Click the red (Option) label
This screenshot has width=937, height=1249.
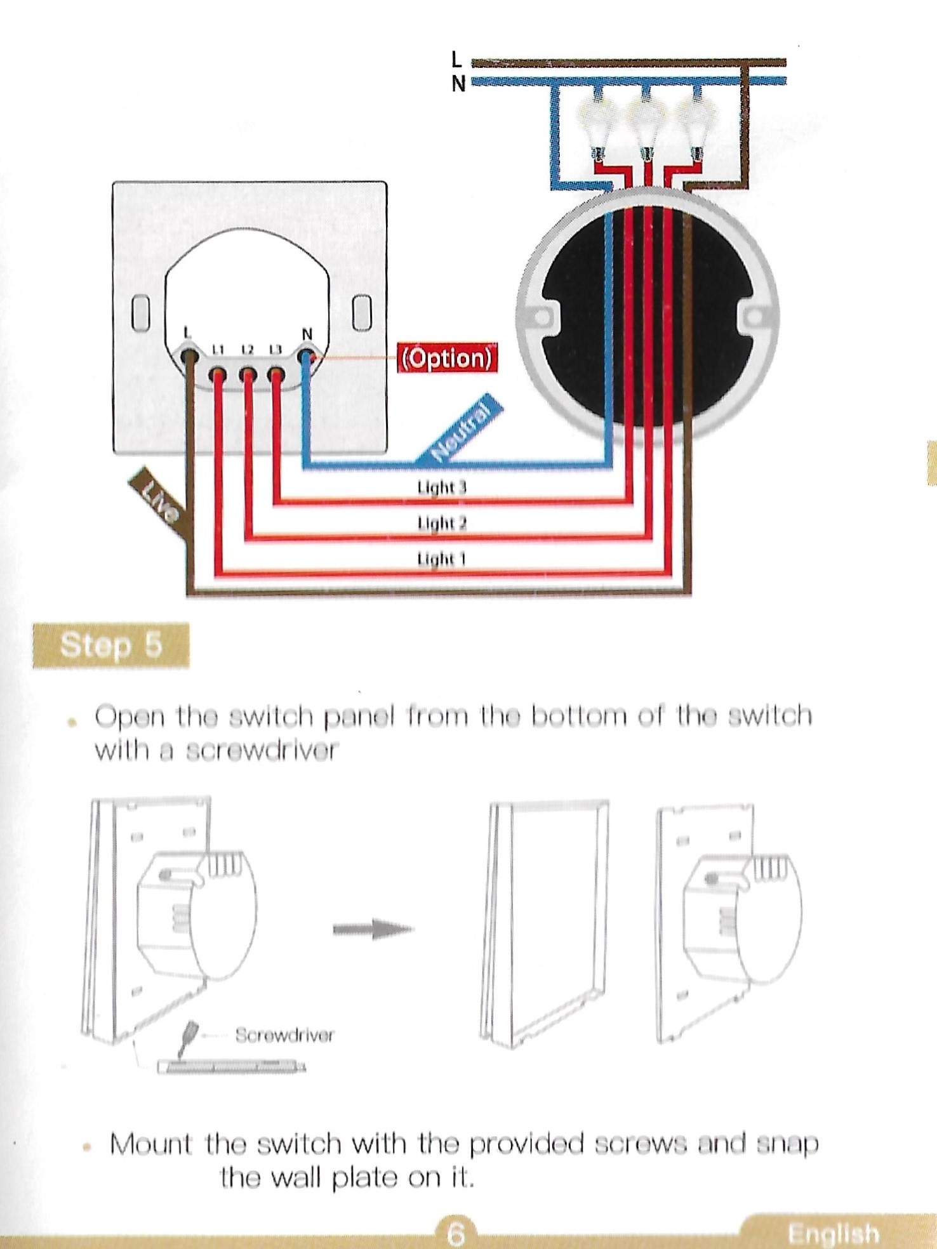pos(447,358)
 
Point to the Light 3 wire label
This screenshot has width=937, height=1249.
pos(441,487)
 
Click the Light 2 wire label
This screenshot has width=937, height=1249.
pos(442,523)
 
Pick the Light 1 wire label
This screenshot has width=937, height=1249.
pos(441,558)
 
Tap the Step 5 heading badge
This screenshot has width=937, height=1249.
pos(111,645)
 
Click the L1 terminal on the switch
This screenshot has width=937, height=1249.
pos(218,375)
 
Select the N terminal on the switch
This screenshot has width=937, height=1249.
pos(307,357)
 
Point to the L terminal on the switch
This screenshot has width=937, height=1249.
pos(189,355)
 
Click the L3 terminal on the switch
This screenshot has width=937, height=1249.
pos(275,375)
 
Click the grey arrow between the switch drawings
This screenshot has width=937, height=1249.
pos(373,929)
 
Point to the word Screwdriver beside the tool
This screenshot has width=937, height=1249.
pos(284,1035)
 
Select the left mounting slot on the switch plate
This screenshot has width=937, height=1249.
pos(140,312)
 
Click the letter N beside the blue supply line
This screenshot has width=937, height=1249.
pos(458,83)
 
